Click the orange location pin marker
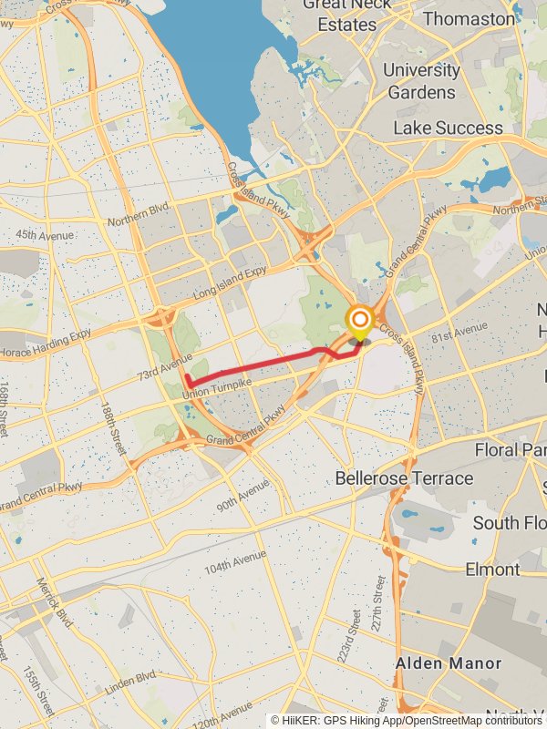pos(360,321)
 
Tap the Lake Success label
pos(448,128)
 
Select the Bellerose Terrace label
pos(404,478)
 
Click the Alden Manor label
pos(448,663)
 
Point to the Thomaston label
pos(469,19)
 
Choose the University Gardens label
pos(421,81)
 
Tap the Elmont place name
pos(491,570)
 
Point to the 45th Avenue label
pos(43,235)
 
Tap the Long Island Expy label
pos(229,282)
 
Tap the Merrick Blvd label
pos(55,604)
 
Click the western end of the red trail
pos(187,376)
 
